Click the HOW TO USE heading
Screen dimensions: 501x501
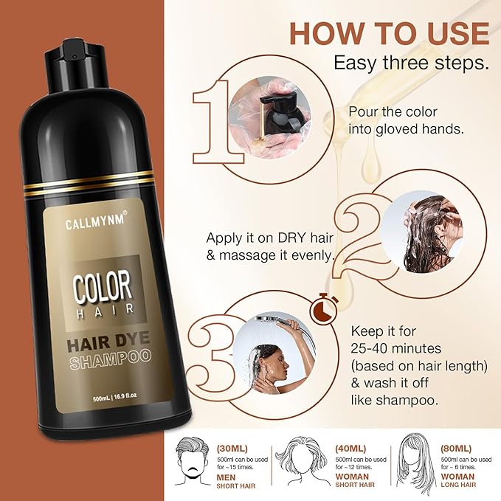point(389,33)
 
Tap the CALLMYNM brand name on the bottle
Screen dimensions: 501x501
point(95,221)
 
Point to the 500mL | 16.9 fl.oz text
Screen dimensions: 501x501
point(114,396)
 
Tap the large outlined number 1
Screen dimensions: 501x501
point(214,122)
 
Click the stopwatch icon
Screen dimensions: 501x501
point(325,308)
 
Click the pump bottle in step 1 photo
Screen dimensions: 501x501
point(281,114)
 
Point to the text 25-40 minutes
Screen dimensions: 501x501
point(396,348)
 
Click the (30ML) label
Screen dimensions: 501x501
point(232,449)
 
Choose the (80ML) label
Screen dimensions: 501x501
point(456,449)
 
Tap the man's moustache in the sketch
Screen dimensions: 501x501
point(193,470)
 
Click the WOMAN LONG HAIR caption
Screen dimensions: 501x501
point(458,480)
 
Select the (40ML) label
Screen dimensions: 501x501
point(350,449)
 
